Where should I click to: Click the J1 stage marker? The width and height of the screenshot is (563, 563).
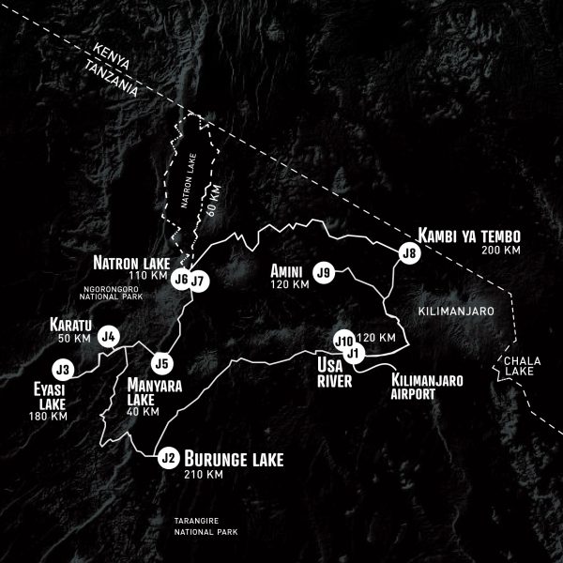pyautogui.click(x=354, y=353)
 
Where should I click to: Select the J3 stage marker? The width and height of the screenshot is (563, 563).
pyautogui.click(x=64, y=369)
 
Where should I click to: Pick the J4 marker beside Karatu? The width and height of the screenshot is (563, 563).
pyautogui.click(x=109, y=336)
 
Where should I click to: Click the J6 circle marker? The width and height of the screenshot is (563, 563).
pyautogui.click(x=181, y=280)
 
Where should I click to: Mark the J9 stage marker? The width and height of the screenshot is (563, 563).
pyautogui.click(x=325, y=272)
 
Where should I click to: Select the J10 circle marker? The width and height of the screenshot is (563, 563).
pyautogui.click(x=343, y=340)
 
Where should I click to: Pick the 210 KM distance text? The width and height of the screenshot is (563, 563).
pyautogui.click(x=205, y=475)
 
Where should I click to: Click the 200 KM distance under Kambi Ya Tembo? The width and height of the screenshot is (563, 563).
pyautogui.click(x=499, y=251)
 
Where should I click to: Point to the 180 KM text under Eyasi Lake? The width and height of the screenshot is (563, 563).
pyautogui.click(x=48, y=416)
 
